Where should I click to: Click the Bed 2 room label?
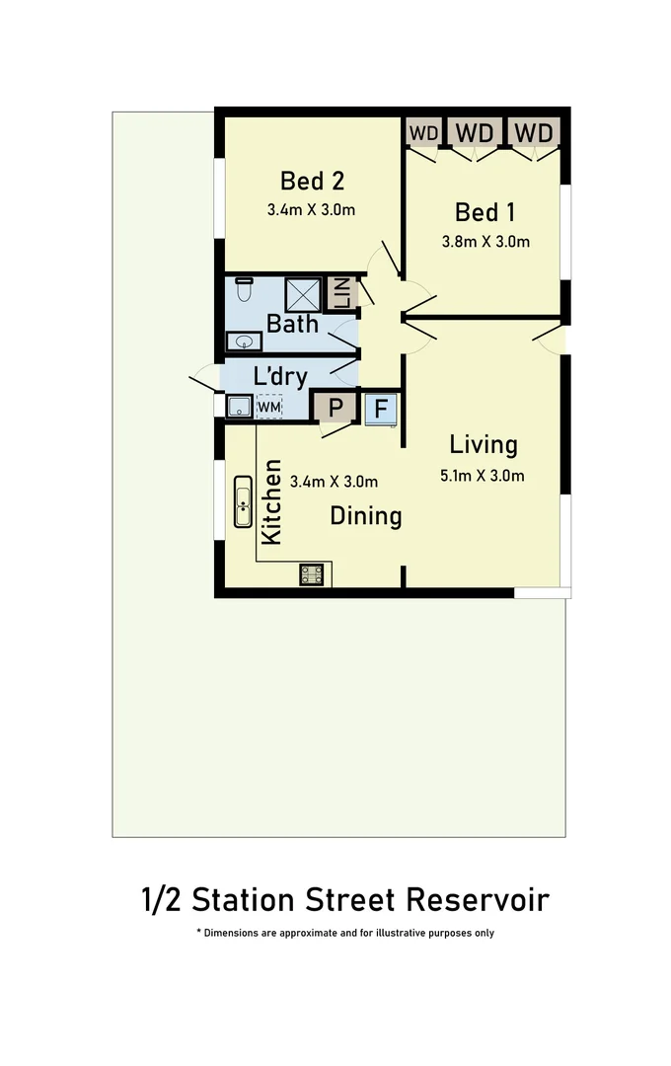point(312,181)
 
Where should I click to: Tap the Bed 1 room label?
point(485,212)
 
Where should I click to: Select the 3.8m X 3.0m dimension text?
point(485,242)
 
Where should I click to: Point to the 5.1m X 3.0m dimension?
point(482,476)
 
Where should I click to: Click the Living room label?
point(484,444)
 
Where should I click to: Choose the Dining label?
point(365,515)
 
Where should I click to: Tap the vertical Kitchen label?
point(272,502)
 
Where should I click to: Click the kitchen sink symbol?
point(243,501)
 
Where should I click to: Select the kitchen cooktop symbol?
point(312,574)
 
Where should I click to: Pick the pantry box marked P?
point(335,408)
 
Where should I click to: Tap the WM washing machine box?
point(269,407)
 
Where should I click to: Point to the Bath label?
point(293,323)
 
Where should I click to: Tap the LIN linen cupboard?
point(341,293)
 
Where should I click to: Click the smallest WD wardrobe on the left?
point(423,132)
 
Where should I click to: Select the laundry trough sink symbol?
point(239,407)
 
